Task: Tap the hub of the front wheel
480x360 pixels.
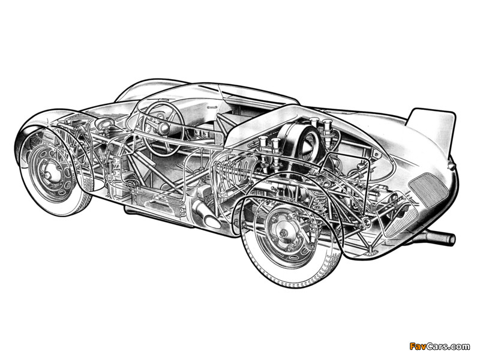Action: pos(49,173)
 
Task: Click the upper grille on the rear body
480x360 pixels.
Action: pos(428,189)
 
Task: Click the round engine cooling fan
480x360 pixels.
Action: pos(308,145)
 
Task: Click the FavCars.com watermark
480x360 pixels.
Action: pos(439,346)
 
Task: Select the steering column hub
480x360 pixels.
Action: pos(163,128)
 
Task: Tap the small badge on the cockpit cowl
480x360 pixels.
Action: pos(212,108)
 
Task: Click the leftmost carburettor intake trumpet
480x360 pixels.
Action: pos(263,143)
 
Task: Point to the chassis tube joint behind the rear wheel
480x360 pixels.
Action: pos(366,223)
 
